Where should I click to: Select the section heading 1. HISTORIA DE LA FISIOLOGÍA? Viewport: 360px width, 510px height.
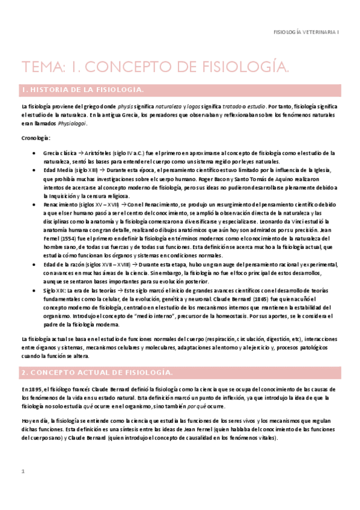pos(82,90)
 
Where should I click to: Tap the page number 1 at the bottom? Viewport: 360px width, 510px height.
pos(22,471)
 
